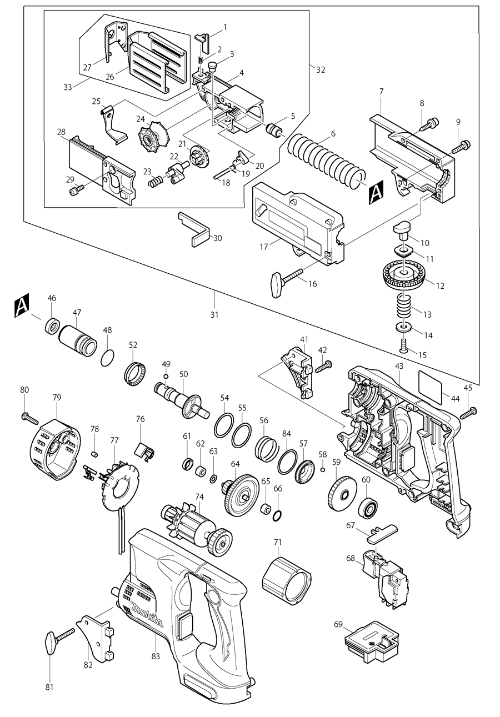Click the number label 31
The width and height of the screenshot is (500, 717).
[x=214, y=315]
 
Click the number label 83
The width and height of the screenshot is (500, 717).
[x=156, y=656]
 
